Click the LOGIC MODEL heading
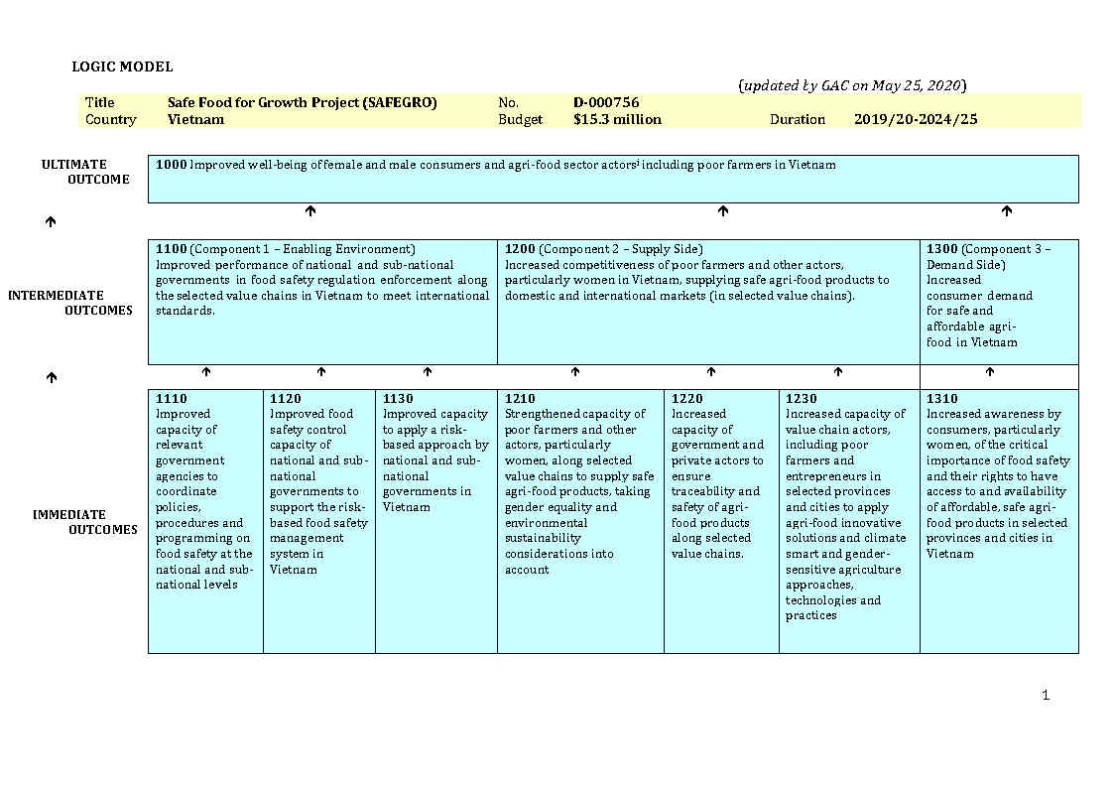(122, 66)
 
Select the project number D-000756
(606, 102)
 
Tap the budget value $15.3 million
(617, 119)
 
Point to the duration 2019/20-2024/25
(916, 119)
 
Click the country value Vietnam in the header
(195, 119)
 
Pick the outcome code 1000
(171, 165)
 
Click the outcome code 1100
(171, 249)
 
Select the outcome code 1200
(520, 249)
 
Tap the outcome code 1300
(942, 249)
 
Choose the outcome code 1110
(171, 399)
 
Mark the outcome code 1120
(285, 399)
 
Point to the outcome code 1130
(398, 399)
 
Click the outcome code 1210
(520, 399)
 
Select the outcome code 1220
(686, 399)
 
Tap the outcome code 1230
(802, 399)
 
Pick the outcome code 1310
(942, 399)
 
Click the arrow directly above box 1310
(989, 372)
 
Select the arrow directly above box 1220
(710, 372)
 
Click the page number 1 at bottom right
(1046, 695)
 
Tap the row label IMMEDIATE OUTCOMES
(84, 522)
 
